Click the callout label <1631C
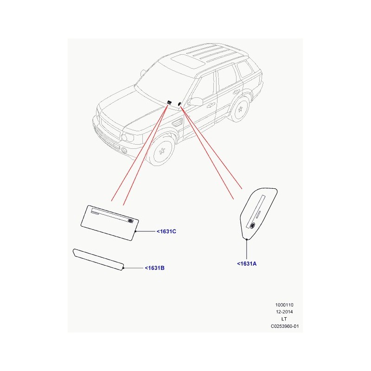(x=166, y=231)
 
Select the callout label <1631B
(x=154, y=268)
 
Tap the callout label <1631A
(x=247, y=263)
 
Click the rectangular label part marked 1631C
(x=109, y=223)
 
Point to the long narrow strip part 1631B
(x=98, y=259)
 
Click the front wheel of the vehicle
(x=161, y=151)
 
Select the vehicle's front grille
(x=109, y=128)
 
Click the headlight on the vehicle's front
(x=128, y=137)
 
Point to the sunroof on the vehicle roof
(x=188, y=62)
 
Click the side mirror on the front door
(x=196, y=102)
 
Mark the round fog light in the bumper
(x=124, y=150)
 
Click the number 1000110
(x=284, y=305)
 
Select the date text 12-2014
(x=284, y=312)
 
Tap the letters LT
(x=284, y=319)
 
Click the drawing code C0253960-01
(x=285, y=326)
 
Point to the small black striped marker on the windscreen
(x=169, y=102)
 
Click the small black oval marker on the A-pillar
(x=179, y=103)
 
